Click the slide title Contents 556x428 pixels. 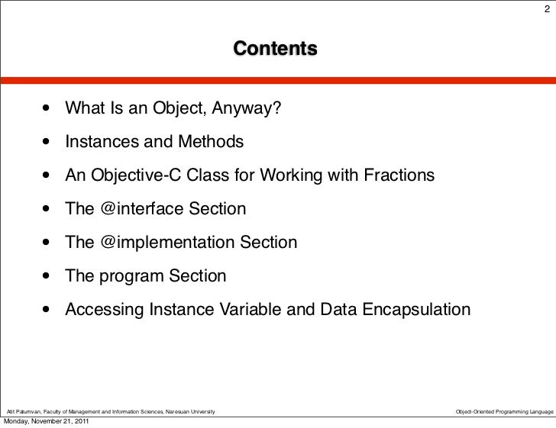pos(275,50)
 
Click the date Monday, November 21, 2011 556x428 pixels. pos(45,422)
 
